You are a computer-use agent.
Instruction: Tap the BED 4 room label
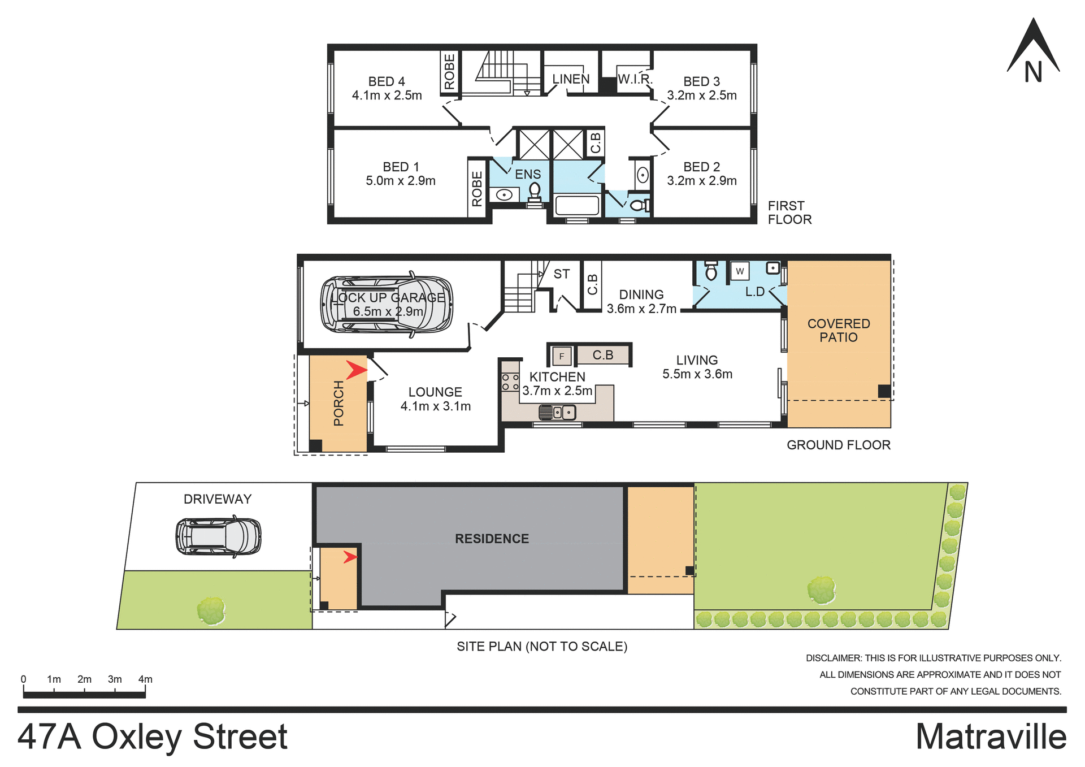pyautogui.click(x=387, y=88)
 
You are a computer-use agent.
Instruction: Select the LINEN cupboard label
pyautogui.click(x=571, y=79)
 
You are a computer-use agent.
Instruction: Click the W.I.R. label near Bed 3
pyautogui.click(x=635, y=79)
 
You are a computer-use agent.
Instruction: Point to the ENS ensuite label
pyautogui.click(x=528, y=175)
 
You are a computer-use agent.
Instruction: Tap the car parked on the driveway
pyautogui.click(x=218, y=536)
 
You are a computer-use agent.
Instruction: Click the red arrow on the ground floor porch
pyautogui.click(x=357, y=371)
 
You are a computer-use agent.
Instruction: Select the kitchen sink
pyautogui.click(x=557, y=413)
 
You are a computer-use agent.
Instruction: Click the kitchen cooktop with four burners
pyautogui.click(x=510, y=382)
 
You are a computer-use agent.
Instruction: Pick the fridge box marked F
pyautogui.click(x=561, y=356)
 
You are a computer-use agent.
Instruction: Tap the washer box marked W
pyautogui.click(x=740, y=271)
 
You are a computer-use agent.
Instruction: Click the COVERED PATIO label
pyautogui.click(x=839, y=330)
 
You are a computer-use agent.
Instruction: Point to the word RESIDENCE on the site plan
pyautogui.click(x=492, y=539)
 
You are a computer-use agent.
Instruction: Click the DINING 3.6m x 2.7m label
pyautogui.click(x=641, y=301)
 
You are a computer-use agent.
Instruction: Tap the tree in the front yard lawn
pyautogui.click(x=211, y=611)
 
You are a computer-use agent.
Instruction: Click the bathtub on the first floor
pyautogui.click(x=577, y=205)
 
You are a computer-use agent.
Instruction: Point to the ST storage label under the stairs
pyautogui.click(x=561, y=274)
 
